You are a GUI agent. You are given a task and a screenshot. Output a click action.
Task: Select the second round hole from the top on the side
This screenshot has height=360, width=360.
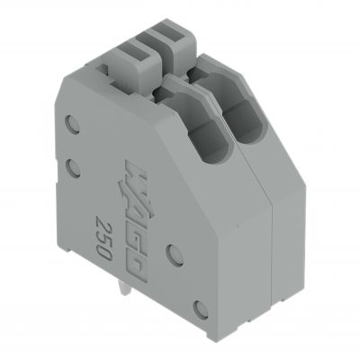pos(74,166)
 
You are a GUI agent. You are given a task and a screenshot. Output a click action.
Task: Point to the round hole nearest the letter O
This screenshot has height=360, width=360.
pos(175,255)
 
